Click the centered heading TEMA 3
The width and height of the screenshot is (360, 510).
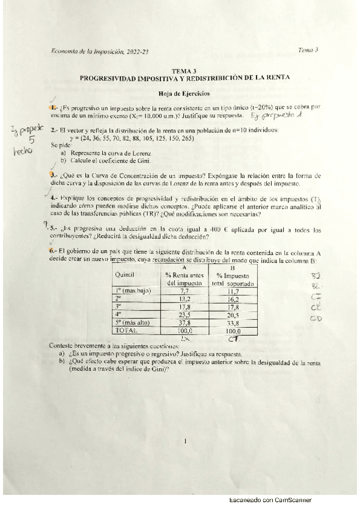point(184,70)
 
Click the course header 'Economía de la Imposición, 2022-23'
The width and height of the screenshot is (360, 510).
point(100,52)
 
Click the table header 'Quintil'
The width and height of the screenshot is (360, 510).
point(124,274)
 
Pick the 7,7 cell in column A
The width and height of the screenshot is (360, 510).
point(185,290)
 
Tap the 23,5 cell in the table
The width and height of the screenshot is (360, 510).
point(185,315)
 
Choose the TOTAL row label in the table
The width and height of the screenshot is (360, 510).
point(127,330)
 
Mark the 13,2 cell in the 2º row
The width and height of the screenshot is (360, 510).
point(185,298)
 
